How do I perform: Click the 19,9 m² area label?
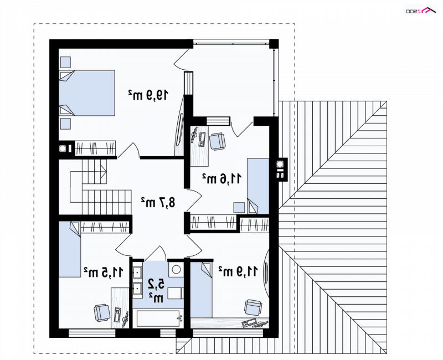pos(148,95)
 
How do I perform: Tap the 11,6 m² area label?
pos(222,178)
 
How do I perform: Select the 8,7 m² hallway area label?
pos(158,202)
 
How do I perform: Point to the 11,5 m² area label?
pos(104,272)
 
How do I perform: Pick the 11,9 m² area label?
pos(238,271)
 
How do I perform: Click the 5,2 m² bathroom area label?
pos(156,290)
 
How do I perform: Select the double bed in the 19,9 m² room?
pos(87,93)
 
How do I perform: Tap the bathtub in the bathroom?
pos(158,319)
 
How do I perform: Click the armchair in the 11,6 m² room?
pos(218,141)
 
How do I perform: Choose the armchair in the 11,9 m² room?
pos(253,307)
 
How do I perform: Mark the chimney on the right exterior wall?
pos(282,169)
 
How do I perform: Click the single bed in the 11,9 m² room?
pos(201,290)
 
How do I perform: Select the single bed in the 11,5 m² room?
pos(70,249)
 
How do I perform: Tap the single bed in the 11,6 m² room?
pos(258,186)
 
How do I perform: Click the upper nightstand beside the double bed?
pos(65,62)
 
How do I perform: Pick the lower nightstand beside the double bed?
pos(65,124)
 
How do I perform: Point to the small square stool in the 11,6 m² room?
pos(239,207)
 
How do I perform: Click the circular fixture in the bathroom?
pos(176,269)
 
